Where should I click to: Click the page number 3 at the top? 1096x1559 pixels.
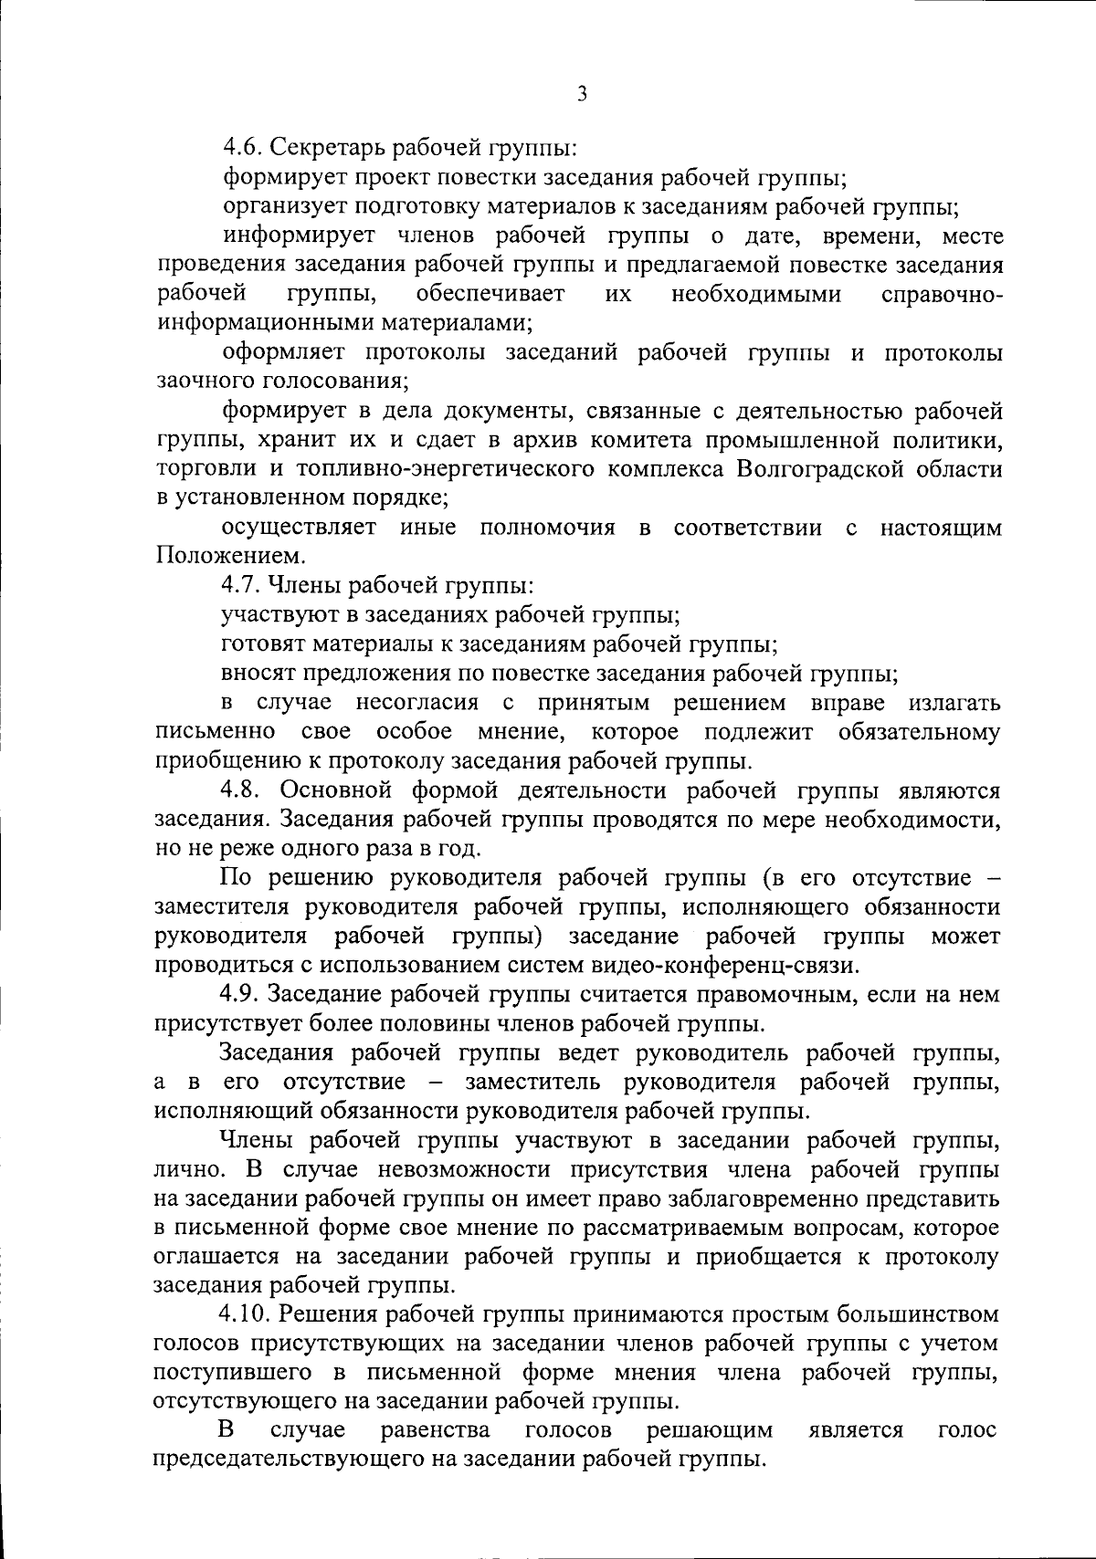point(581,95)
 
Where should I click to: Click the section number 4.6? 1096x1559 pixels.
point(242,149)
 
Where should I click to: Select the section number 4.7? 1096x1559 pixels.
point(242,586)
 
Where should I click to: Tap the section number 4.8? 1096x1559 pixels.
point(242,790)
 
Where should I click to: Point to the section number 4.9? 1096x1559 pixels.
point(242,994)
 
